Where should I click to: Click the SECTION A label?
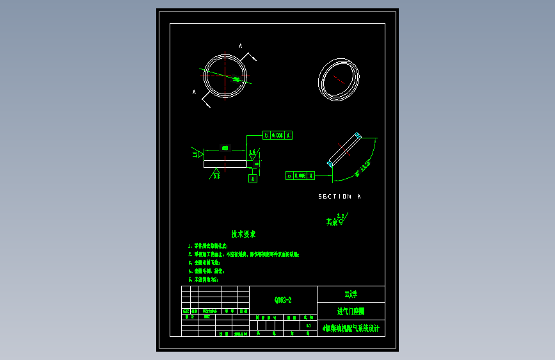pyautogui.click(x=339, y=197)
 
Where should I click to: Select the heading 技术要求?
pyautogui.click(x=243, y=234)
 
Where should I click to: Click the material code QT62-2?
pyautogui.click(x=282, y=300)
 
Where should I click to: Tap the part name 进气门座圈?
pyautogui.click(x=350, y=311)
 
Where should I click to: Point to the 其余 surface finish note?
pyautogui.click(x=335, y=221)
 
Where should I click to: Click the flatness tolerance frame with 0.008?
pyautogui.click(x=300, y=175)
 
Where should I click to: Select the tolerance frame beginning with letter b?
pyautogui.click(x=277, y=135)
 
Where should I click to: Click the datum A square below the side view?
pyautogui.click(x=252, y=179)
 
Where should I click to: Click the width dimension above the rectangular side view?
pyautogui.click(x=225, y=148)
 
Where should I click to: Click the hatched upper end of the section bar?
pyautogui.click(x=358, y=136)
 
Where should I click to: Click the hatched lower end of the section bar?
pyautogui.click(x=330, y=165)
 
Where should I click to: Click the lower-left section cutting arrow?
pyautogui.click(x=206, y=101)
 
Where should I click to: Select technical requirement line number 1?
pyautogui.click(x=208, y=245)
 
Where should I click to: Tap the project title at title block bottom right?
pyautogui.click(x=350, y=329)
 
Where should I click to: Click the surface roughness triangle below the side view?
pyautogui.click(x=216, y=174)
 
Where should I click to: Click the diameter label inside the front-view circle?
pyautogui.click(x=236, y=79)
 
